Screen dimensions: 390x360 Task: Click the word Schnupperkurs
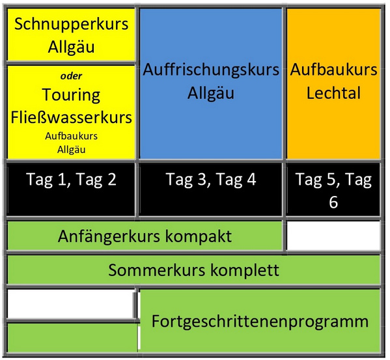click(x=72, y=25)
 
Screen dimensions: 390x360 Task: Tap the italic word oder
click(x=71, y=76)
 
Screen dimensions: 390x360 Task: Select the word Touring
click(x=71, y=96)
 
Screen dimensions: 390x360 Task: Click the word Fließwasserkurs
click(x=72, y=117)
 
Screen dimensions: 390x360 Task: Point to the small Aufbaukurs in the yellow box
click(x=71, y=136)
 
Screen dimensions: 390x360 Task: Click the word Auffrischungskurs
click(x=211, y=70)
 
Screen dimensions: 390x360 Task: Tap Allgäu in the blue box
click(x=211, y=93)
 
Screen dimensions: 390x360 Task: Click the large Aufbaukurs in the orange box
click(x=333, y=70)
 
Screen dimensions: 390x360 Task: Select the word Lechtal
click(x=333, y=93)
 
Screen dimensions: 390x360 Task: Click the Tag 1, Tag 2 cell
click(x=71, y=189)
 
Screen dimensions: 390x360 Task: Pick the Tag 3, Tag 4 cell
click(x=211, y=189)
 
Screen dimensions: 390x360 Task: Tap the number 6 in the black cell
click(x=333, y=202)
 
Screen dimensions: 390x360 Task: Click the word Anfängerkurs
click(x=109, y=236)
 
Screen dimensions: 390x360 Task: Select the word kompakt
click(x=199, y=236)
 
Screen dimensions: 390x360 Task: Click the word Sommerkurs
click(x=157, y=270)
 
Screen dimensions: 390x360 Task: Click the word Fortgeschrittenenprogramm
click(x=260, y=322)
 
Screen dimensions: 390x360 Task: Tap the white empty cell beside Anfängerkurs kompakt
click(x=333, y=236)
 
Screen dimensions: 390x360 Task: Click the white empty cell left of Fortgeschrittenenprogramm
click(x=71, y=303)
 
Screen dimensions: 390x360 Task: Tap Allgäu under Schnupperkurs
click(x=72, y=47)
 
